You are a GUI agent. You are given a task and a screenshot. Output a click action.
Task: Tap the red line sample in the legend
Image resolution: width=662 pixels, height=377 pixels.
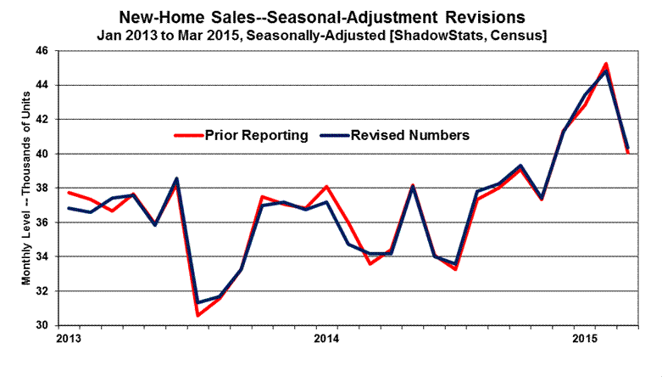[x=187, y=135]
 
